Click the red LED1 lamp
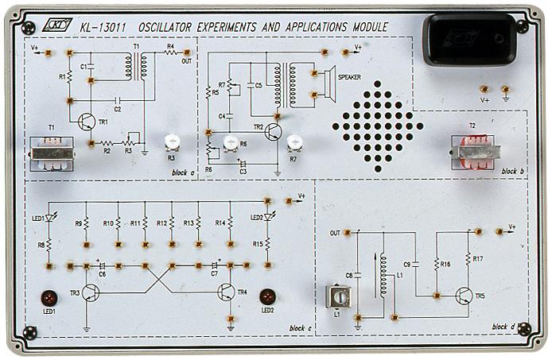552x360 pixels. pyautogui.click(x=49, y=298)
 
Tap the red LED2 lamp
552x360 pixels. pyautogui.click(x=266, y=296)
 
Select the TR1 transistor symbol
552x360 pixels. pyautogui.click(x=86, y=121)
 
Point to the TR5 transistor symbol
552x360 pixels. pyautogui.click(x=464, y=296)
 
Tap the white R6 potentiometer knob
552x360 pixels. pyautogui.click(x=231, y=144)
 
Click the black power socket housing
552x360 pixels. pyautogui.click(x=468, y=39)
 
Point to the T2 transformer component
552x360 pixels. pyautogui.click(x=474, y=151)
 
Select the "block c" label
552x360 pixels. pyautogui.click(x=301, y=327)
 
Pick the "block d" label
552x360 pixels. pyautogui.click(x=503, y=327)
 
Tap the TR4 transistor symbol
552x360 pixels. pyautogui.click(x=225, y=292)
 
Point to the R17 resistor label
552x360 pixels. pyautogui.click(x=477, y=258)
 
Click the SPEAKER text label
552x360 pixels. pyautogui.click(x=350, y=77)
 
